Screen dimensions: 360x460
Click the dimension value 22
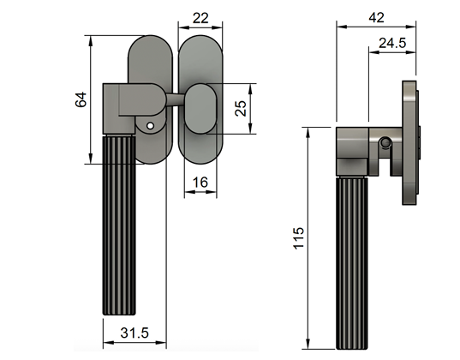pyautogui.click(x=200, y=17)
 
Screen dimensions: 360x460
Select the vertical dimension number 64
pyautogui.click(x=81, y=99)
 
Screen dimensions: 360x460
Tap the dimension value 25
pyautogui.click(x=241, y=109)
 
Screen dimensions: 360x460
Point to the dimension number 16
pyautogui.click(x=199, y=182)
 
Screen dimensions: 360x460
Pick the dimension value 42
pyautogui.click(x=375, y=15)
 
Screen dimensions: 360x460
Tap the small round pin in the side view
pyautogui.click(x=386, y=142)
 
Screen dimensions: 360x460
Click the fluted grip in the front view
pyautogui.click(x=120, y=231)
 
